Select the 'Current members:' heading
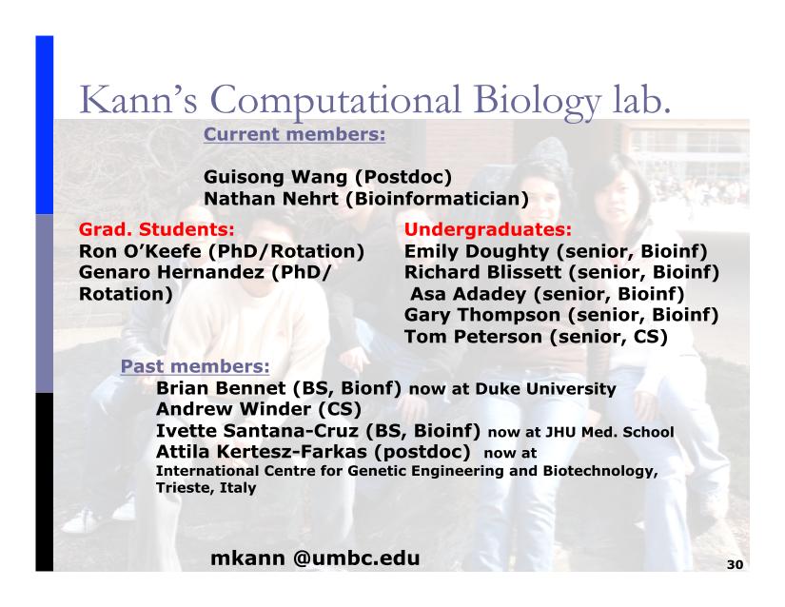[294, 134]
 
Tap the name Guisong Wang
[275, 177]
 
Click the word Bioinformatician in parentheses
[437, 199]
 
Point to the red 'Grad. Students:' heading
[157, 229]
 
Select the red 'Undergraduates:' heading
[487, 229]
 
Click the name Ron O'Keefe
[140, 251]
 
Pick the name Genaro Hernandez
[171, 272]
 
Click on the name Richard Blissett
[482, 272]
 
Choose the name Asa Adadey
[468, 294]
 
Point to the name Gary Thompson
[482, 315]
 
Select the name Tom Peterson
[473, 337]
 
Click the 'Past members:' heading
[195, 366]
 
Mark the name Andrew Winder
[234, 409]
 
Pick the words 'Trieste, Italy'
[206, 487]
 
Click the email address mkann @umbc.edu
[315, 558]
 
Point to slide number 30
[735, 564]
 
